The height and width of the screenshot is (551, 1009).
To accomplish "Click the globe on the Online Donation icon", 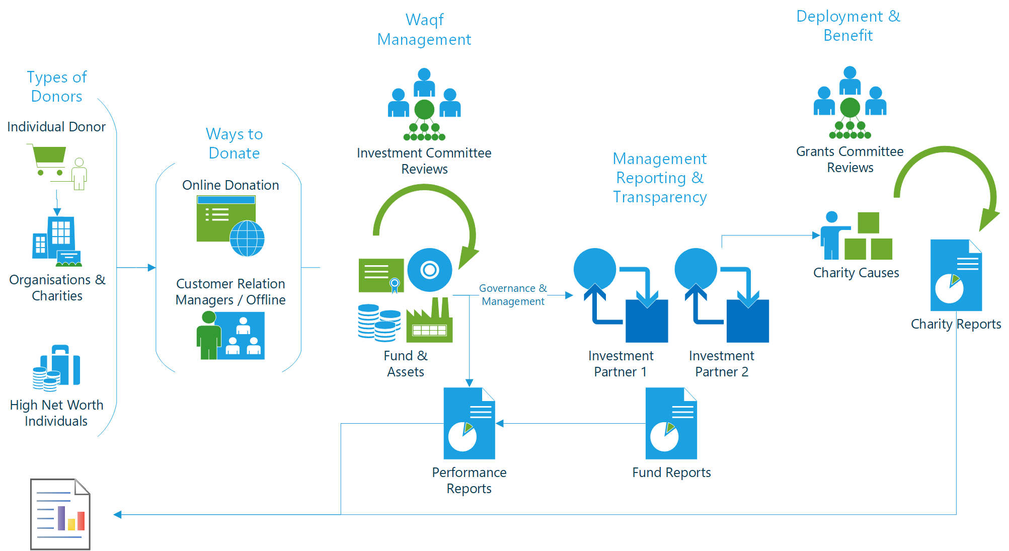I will (247, 239).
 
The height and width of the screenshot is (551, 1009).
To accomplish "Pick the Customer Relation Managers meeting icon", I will (230, 335).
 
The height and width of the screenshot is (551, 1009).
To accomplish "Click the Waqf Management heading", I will (424, 30).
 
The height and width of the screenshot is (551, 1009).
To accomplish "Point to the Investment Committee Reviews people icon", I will (424, 104).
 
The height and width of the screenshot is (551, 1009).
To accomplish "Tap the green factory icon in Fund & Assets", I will (429, 322).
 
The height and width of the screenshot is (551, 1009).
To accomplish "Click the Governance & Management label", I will (513, 295).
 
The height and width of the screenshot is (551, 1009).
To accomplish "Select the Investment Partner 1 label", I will (620, 364).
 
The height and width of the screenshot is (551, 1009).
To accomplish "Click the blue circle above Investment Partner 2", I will (696, 269).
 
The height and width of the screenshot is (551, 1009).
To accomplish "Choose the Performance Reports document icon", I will (469, 423).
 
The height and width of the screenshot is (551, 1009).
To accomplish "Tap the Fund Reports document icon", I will (671, 423).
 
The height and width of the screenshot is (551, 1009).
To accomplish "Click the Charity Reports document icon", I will (956, 275).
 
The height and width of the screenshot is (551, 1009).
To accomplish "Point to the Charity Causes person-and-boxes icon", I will (856, 236).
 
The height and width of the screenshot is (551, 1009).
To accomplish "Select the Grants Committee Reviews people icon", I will (850, 103).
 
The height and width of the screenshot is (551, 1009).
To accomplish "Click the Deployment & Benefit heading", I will (848, 26).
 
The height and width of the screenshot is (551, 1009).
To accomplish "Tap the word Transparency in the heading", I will (660, 197).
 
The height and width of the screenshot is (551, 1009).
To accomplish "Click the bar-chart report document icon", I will (60, 514).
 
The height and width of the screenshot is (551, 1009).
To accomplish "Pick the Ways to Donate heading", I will (234, 143).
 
